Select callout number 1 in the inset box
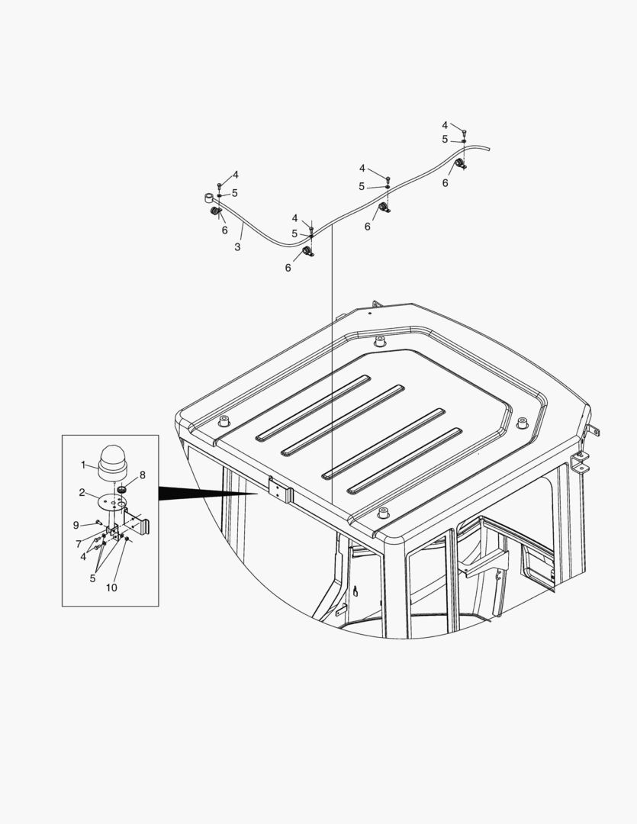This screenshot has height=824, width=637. click(x=84, y=464)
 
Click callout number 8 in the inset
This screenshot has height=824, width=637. click(x=142, y=475)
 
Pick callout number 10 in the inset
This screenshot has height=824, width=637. click(x=111, y=587)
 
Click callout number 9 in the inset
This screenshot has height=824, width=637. click(x=76, y=525)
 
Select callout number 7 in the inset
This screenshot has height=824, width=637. click(x=79, y=543)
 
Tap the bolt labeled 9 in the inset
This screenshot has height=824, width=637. click(x=99, y=523)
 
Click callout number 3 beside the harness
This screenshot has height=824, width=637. click(x=237, y=247)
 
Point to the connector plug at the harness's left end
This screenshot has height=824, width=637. click(x=208, y=198)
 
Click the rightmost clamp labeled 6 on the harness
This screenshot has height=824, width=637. click(x=461, y=164)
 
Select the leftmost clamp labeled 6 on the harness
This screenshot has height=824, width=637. click(x=216, y=211)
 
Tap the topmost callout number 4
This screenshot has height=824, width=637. click(x=445, y=125)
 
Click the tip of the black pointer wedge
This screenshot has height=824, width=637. click(x=258, y=494)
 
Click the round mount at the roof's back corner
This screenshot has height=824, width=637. click(x=379, y=341)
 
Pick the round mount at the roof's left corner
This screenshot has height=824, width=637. click(x=224, y=422)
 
